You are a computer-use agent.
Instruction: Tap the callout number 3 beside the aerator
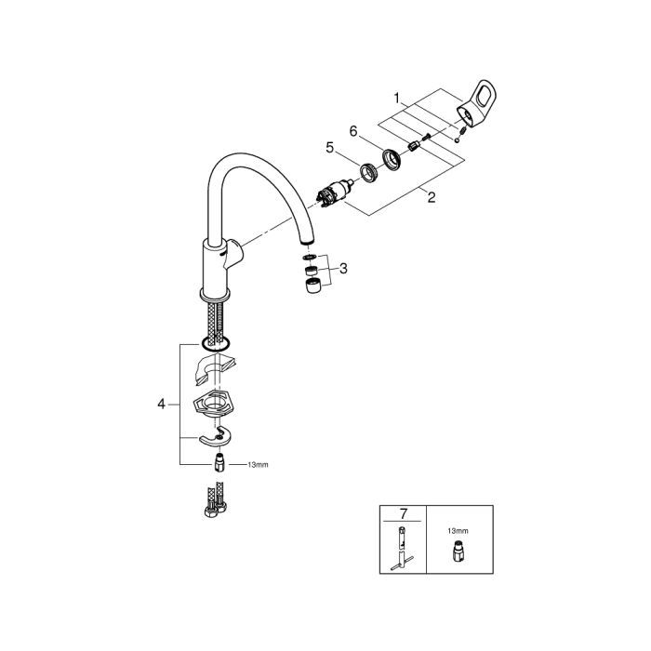coord(343,269)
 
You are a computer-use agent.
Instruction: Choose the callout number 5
coord(329,146)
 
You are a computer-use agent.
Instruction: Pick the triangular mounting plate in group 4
coord(213,405)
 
